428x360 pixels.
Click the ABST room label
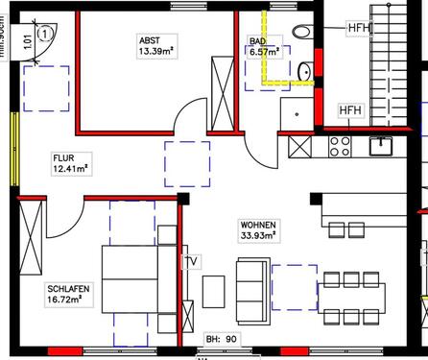pyautogui.click(x=149, y=39)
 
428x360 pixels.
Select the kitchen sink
pyautogui.click(x=382, y=145)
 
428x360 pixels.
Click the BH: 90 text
pyautogui.click(x=221, y=339)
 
